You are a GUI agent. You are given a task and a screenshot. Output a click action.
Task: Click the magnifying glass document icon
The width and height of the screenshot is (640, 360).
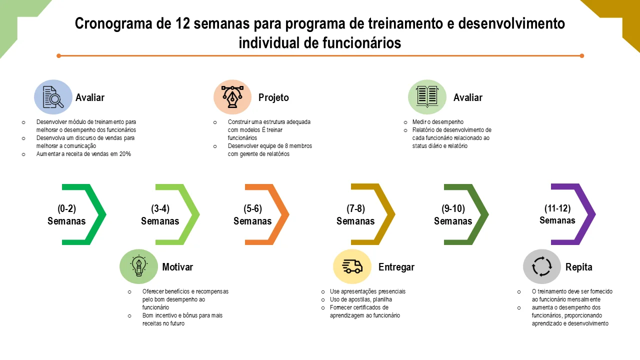point(53,97)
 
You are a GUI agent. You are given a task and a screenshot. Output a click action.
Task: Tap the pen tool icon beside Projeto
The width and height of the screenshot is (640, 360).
point(232,97)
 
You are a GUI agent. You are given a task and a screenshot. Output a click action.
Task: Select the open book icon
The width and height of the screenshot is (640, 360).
point(427,97)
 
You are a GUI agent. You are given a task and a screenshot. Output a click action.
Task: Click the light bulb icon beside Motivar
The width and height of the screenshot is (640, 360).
point(138,266)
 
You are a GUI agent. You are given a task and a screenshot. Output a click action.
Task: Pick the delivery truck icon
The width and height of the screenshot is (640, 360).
point(352,266)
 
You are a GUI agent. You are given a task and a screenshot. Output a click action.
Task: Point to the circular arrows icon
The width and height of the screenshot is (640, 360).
point(541,266)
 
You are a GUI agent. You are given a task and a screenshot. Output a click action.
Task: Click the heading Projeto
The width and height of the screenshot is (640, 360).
point(273,97)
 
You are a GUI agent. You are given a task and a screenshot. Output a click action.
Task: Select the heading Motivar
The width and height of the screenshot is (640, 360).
point(177,267)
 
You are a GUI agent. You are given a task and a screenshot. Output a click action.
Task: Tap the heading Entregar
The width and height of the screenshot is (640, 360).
point(396,267)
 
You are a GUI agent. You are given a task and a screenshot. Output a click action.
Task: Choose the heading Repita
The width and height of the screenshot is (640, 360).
point(578,267)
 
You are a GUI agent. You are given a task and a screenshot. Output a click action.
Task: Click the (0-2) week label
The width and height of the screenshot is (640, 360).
point(66,209)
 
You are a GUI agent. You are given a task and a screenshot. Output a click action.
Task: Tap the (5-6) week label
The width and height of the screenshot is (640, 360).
point(252,209)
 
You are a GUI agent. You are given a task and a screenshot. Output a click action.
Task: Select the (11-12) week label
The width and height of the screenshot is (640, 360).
point(557,208)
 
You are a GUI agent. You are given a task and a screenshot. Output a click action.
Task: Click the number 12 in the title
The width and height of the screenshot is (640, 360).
point(182,23)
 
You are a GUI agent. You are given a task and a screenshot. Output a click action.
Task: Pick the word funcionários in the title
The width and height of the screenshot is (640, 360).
point(361,43)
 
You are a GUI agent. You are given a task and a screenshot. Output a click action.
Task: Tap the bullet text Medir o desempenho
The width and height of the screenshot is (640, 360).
point(437,122)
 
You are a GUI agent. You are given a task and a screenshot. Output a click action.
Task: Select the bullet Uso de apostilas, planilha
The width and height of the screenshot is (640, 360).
point(361,299)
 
